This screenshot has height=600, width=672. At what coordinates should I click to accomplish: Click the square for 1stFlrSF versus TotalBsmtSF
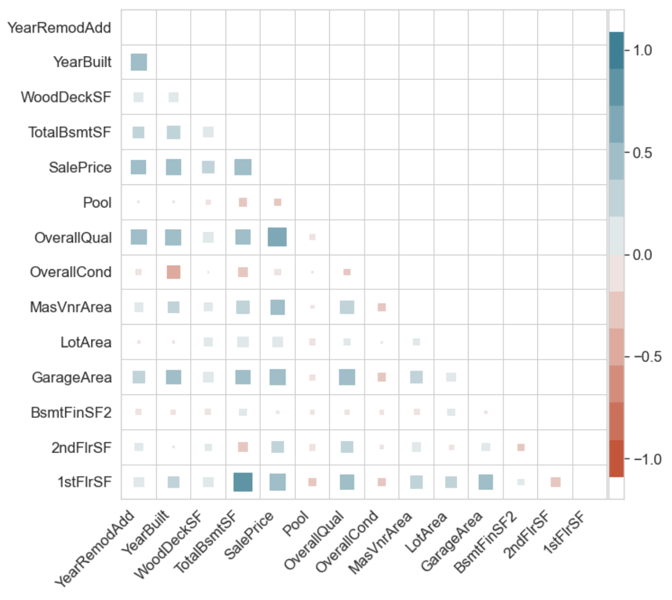[x=243, y=482]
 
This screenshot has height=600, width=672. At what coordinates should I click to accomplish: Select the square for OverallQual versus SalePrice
[x=277, y=237]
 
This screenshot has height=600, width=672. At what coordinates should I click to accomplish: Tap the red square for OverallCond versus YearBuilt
[x=174, y=272]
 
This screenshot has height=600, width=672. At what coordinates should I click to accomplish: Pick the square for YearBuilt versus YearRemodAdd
[x=139, y=62]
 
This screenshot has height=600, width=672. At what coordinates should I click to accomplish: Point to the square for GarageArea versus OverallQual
[x=347, y=377]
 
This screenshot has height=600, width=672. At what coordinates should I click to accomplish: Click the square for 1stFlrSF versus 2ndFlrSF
[x=555, y=482]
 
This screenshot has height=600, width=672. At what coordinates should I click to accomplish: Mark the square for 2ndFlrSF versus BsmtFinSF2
[x=521, y=447]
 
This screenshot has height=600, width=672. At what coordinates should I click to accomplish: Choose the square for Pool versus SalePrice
[x=277, y=202]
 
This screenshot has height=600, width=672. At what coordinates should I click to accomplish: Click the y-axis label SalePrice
[x=80, y=167]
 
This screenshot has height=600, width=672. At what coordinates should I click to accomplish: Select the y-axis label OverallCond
[x=70, y=272]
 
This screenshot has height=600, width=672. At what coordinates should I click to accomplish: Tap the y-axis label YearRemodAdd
[x=59, y=28]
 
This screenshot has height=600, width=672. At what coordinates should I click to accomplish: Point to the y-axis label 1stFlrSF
[x=84, y=482]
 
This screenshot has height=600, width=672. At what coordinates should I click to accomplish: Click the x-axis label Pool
[x=296, y=524]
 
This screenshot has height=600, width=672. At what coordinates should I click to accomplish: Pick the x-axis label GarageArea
[x=452, y=541]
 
